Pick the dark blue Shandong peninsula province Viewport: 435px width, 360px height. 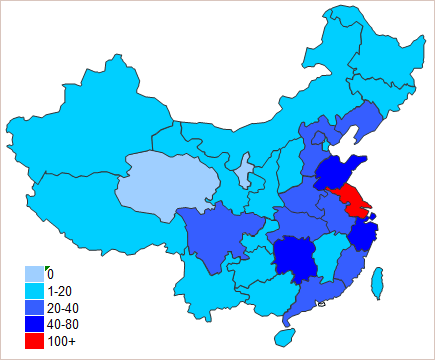(340, 172)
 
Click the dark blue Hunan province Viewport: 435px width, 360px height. (296, 259)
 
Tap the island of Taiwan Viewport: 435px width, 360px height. (377, 283)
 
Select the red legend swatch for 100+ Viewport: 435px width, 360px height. (34, 341)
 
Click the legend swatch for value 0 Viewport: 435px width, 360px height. (34, 274)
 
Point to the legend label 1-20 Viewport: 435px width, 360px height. (61, 291)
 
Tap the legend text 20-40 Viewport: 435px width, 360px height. (63, 308)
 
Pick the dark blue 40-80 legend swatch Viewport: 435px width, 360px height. (34, 324)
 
